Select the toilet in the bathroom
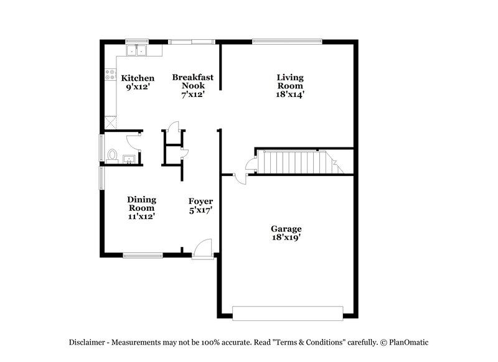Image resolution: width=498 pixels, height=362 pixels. (113, 155)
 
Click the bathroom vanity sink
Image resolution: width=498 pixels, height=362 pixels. (129, 159)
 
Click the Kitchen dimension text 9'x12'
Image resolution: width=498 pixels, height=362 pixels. (138, 87)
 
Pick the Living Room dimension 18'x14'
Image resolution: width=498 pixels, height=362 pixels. (290, 95)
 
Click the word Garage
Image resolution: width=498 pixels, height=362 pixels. (286, 228)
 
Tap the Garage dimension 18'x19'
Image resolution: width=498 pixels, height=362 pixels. (286, 237)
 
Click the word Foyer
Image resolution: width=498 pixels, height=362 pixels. (201, 201)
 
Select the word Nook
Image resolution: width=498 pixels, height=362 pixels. (193, 86)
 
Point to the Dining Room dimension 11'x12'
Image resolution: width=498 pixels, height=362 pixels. (141, 216)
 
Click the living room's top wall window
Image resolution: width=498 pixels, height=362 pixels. (287, 42)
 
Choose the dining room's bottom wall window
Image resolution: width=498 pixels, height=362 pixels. (143, 254)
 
